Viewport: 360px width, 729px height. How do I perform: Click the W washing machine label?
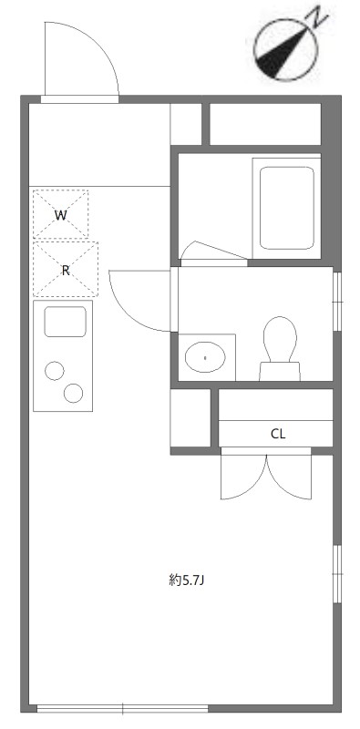61,216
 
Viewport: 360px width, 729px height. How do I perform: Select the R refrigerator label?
65,270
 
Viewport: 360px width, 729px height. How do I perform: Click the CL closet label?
278,434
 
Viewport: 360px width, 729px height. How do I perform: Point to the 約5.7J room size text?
192,580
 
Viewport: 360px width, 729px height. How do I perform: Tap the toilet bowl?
280,339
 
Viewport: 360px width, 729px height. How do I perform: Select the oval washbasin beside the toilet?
205,356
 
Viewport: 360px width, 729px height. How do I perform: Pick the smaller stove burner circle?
55,371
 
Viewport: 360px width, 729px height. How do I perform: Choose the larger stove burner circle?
73,394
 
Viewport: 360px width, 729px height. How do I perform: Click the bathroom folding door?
213,252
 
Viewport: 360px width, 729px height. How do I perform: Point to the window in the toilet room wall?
338,301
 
